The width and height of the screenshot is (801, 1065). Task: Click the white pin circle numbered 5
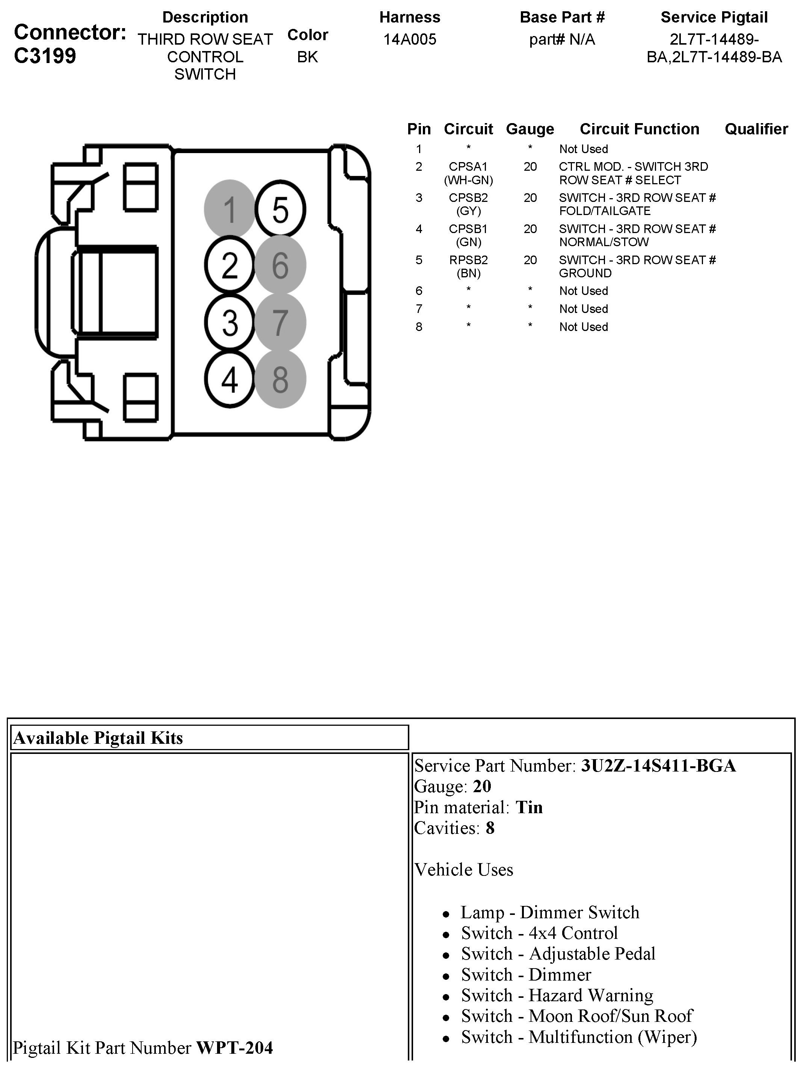point(280,209)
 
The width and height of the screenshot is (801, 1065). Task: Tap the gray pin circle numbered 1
point(230,209)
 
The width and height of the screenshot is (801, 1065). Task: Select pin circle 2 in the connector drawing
point(230,265)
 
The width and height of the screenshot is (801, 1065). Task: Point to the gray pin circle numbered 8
point(280,379)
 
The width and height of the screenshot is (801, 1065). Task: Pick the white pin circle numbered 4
point(230,379)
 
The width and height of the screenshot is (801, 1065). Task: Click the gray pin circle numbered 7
point(280,322)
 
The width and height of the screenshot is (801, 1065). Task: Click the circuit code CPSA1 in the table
point(468,167)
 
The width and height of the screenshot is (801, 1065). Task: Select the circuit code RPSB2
point(468,260)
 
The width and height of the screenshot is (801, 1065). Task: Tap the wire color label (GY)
point(468,211)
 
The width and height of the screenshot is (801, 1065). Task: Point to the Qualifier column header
point(756,129)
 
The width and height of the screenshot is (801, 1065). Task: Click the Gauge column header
point(530,129)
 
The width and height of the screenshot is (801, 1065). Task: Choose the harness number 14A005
point(409,39)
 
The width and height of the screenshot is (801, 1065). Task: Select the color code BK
point(307,57)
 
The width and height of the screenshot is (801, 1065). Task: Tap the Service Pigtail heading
point(714,17)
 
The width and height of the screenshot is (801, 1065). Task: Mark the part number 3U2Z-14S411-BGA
point(658,766)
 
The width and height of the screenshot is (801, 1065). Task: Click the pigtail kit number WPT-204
point(234,1048)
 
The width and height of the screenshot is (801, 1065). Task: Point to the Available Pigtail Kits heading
point(98,738)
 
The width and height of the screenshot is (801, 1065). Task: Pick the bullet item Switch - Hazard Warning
point(557,995)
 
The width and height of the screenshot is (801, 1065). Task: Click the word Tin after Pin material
point(529,808)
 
